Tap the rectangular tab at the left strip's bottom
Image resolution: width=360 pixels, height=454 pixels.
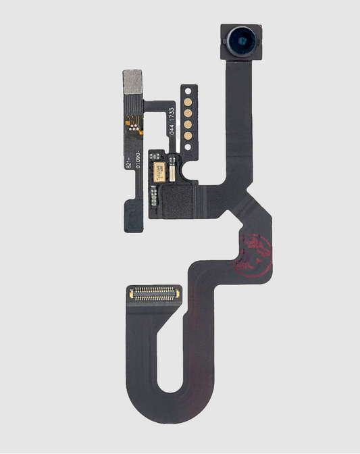click(133, 218)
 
